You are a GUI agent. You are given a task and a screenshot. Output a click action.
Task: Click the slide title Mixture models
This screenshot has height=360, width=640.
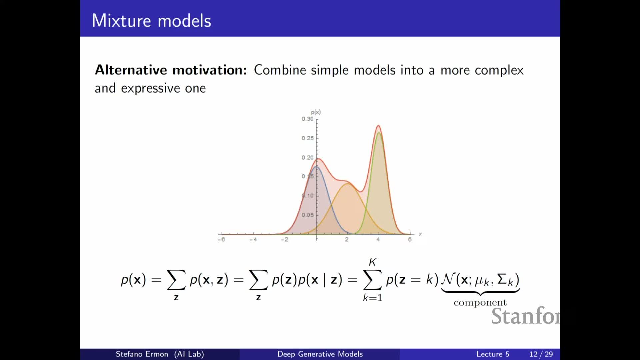pyautogui.click(x=151, y=21)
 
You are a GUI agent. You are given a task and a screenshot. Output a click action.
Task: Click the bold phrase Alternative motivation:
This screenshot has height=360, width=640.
pyautogui.click(x=171, y=70)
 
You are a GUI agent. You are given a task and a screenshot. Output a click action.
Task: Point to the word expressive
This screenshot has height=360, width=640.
pyautogui.click(x=150, y=89)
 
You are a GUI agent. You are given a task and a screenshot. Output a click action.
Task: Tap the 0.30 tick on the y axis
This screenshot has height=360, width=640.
pyautogui.click(x=308, y=119)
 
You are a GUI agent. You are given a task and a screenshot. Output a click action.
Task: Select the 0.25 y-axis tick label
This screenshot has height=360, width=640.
pyautogui.click(x=308, y=138)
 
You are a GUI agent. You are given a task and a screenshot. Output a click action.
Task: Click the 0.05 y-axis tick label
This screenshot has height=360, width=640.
pyautogui.click(x=308, y=215)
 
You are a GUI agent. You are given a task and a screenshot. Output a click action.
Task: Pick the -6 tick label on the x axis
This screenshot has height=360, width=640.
pyautogui.click(x=221, y=239)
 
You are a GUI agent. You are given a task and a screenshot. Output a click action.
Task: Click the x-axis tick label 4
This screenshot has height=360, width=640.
pyautogui.click(x=378, y=239)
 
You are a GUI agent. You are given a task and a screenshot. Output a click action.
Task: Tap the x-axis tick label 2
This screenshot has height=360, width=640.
pyautogui.click(x=347, y=239)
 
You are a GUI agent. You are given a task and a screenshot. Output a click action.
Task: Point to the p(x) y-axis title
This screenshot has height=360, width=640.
pyautogui.click(x=316, y=112)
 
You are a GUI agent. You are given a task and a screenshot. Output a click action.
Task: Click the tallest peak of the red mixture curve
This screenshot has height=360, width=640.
pyautogui.click(x=378, y=126)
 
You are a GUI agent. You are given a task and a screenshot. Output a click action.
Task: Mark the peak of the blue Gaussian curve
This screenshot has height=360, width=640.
pyautogui.click(x=316, y=166)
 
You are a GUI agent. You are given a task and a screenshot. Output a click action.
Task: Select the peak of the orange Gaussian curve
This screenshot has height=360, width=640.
pyautogui.click(x=348, y=183)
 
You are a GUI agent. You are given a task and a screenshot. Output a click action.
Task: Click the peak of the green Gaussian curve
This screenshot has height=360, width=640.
pyautogui.click(x=379, y=133)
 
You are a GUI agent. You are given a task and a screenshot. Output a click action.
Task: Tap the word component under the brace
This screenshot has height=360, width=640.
pyautogui.click(x=480, y=303)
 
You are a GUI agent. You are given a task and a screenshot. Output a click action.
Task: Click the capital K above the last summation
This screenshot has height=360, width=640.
pyautogui.click(x=372, y=262)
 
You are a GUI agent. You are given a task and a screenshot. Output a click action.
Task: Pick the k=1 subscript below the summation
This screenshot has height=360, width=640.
pyautogui.click(x=373, y=298)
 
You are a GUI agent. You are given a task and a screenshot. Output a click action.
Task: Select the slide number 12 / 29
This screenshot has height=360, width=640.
pyautogui.click(x=541, y=354)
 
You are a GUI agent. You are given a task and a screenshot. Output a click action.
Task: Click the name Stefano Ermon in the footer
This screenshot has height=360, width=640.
pyautogui.click(x=142, y=354)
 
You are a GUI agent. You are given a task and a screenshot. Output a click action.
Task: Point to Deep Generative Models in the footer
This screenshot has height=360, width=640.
pyautogui.click(x=320, y=354)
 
